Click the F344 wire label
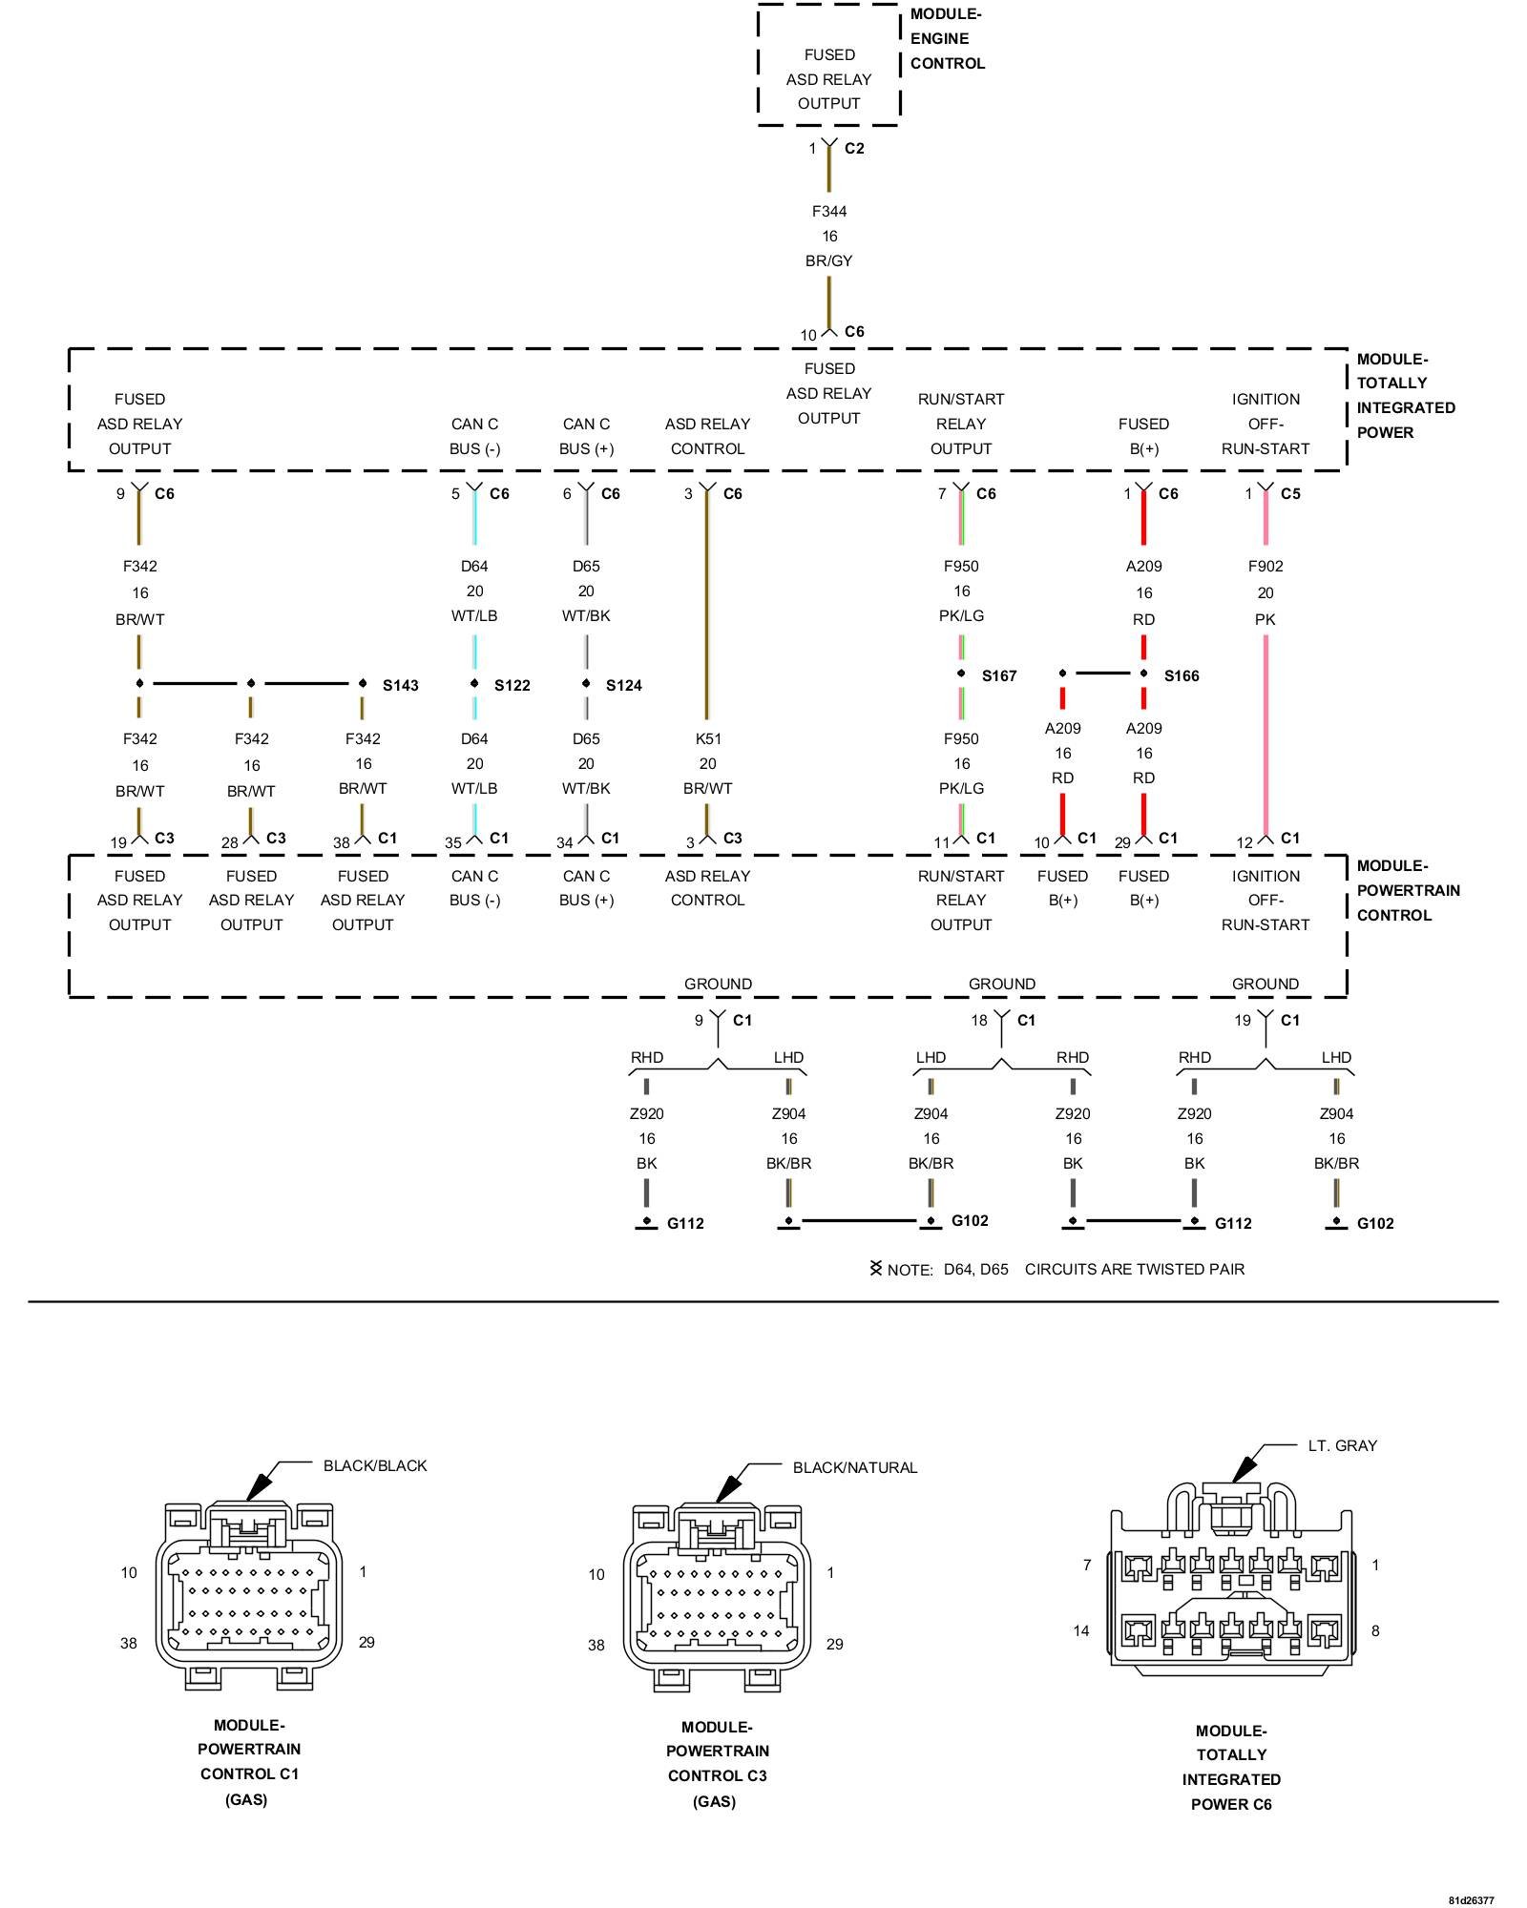click(x=828, y=212)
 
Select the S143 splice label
click(x=400, y=685)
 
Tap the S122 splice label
click(x=512, y=685)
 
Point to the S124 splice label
click(x=623, y=685)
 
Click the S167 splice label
click(x=998, y=675)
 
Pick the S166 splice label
click(x=1181, y=675)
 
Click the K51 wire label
click(x=707, y=738)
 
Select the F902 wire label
click(x=1265, y=566)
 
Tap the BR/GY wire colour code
click(x=828, y=260)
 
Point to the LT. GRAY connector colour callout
click(x=1342, y=1445)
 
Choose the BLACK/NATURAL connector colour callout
click(x=854, y=1467)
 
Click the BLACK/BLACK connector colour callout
click(x=375, y=1465)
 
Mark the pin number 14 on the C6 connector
click(x=1080, y=1630)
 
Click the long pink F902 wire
click(x=1266, y=735)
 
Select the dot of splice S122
click(x=474, y=683)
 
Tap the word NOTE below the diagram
click(x=909, y=1270)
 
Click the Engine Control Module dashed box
click(x=828, y=65)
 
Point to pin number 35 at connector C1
click(x=452, y=842)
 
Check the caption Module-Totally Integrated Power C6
click(x=1231, y=1767)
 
